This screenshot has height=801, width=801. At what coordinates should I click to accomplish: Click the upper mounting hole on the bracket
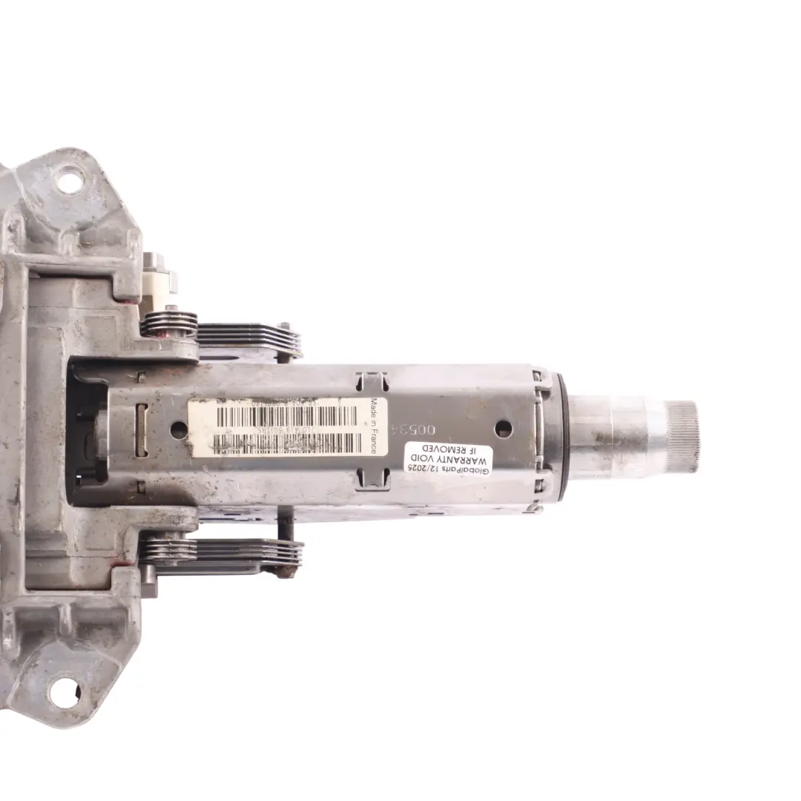[70, 180]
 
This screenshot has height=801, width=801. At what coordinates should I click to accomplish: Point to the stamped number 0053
[441, 431]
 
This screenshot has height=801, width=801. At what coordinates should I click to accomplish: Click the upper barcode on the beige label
[286, 416]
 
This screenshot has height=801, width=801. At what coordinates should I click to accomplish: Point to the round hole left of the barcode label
[179, 429]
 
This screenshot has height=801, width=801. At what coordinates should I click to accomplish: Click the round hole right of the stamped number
[503, 429]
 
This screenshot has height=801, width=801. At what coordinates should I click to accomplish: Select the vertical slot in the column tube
[141, 438]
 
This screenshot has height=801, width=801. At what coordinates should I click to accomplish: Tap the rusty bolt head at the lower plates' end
[286, 570]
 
